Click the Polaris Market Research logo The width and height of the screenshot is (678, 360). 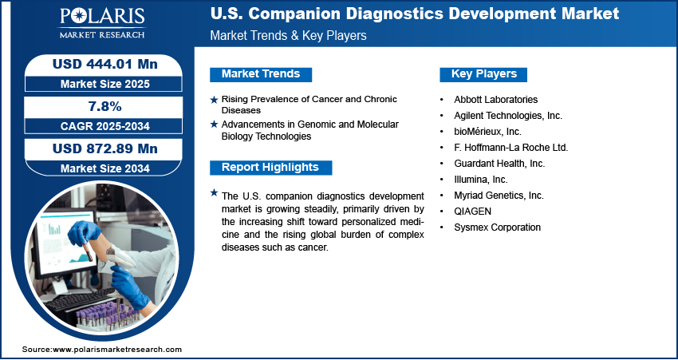102,23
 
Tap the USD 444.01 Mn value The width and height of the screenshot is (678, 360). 104,64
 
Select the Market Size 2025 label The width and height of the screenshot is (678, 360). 104,84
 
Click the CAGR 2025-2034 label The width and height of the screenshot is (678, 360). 104,126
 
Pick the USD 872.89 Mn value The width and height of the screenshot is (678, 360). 104,148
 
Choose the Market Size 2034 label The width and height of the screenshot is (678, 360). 104,168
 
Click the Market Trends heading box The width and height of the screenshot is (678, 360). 261,74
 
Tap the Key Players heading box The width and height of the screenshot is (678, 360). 483,74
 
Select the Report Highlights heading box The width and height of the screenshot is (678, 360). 270,168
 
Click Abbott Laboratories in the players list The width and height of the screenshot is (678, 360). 495,100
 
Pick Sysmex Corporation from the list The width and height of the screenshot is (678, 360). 497,227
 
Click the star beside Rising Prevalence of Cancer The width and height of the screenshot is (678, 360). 214,100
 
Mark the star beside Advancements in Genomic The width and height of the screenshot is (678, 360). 214,125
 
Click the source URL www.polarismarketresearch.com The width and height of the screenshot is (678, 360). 117,349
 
